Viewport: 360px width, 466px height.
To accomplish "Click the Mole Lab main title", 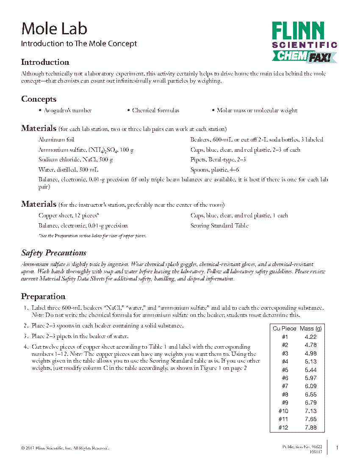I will click(54, 29).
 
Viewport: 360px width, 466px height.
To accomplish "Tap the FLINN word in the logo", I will click(298, 31).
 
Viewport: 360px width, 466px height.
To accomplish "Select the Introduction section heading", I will click(45, 62).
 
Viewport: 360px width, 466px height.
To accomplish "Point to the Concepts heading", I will click(39, 99).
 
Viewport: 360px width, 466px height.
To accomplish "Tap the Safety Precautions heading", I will click(54, 253).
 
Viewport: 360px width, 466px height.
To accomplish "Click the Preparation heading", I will click(43, 297).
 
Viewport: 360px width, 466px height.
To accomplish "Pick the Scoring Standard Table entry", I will click(219, 226).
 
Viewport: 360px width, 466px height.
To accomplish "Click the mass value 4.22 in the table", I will click(310, 337).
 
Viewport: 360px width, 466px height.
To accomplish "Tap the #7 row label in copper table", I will click(285, 386).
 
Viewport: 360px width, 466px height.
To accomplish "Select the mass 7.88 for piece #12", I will click(310, 427).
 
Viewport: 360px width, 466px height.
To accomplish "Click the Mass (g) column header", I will click(311, 328).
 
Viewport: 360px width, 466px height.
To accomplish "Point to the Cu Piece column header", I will click(285, 328).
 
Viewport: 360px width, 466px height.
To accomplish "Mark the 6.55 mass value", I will click(310, 394).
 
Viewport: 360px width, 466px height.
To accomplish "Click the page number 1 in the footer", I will click(337, 447).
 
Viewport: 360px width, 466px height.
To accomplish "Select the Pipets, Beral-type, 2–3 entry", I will click(218, 160).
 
